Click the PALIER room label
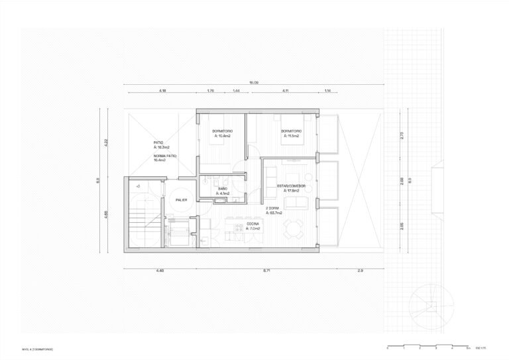pyautogui.click(x=180, y=198)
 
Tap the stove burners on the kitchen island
pyautogui.click(x=233, y=229)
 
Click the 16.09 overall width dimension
pyautogui.click(x=253, y=83)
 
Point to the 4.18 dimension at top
pyautogui.click(x=162, y=91)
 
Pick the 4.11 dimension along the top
pyautogui.click(x=284, y=91)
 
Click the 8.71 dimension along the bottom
pyautogui.click(x=266, y=270)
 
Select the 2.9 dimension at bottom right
pyautogui.click(x=360, y=270)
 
